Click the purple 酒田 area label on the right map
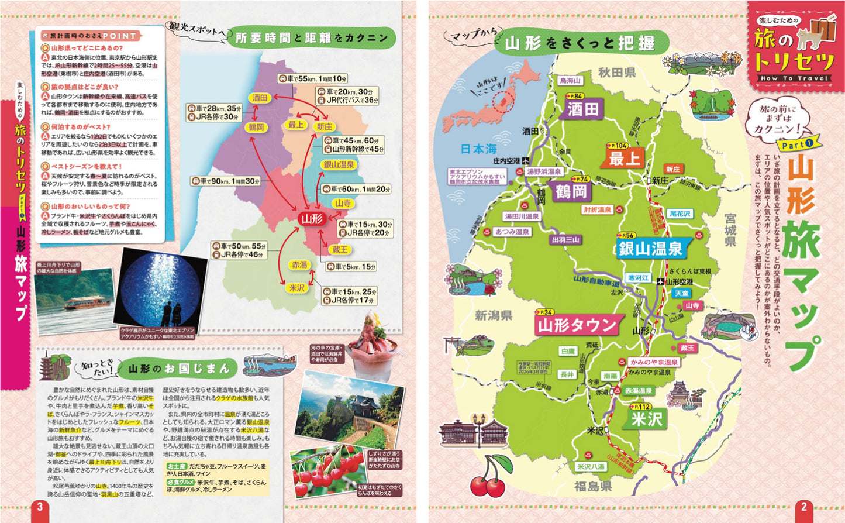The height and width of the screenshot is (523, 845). (582, 109)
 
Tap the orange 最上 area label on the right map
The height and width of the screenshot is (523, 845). (625, 158)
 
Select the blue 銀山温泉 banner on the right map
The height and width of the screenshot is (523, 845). (650, 249)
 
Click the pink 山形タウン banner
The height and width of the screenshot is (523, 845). (577, 325)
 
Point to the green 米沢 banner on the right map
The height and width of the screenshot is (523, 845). (646, 419)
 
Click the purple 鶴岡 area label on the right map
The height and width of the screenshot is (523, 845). (571, 191)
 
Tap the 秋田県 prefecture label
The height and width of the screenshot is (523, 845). (616, 73)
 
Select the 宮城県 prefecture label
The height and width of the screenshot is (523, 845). (730, 230)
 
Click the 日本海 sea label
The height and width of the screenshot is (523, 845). (478, 149)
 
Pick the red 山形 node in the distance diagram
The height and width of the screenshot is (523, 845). (311, 219)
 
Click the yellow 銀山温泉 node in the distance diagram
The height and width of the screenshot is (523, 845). (339, 165)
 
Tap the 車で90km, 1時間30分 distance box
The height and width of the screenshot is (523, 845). (226, 181)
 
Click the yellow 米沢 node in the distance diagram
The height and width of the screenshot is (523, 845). (297, 288)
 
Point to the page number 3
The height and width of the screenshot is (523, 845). (40, 507)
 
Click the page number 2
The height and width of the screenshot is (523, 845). (803, 507)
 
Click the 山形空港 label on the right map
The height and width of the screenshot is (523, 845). (679, 282)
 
